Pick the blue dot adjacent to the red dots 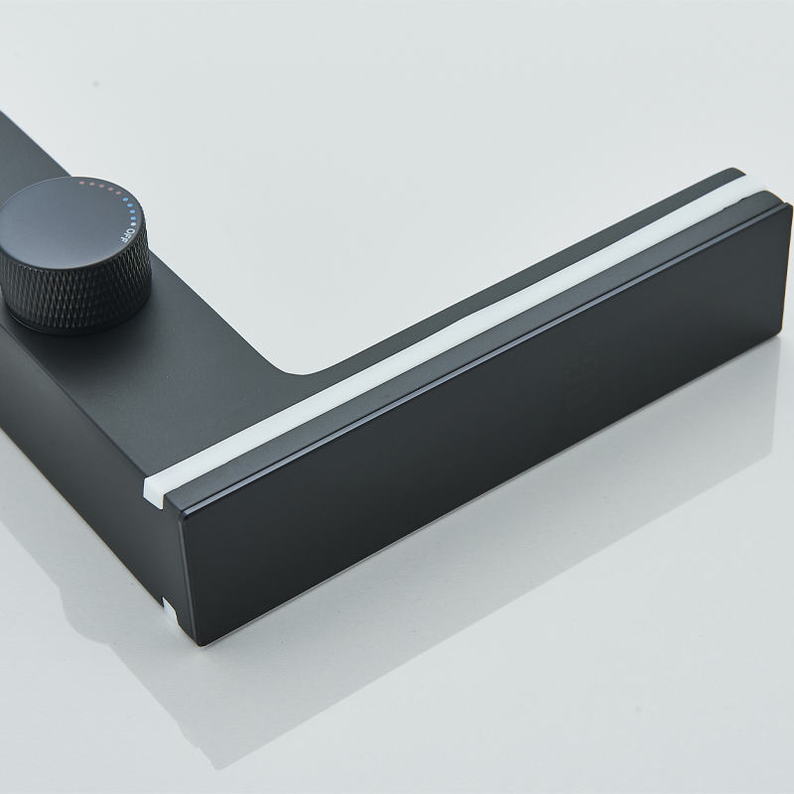point(122,199)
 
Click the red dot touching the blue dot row point(117,194)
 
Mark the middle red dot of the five point(100,187)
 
